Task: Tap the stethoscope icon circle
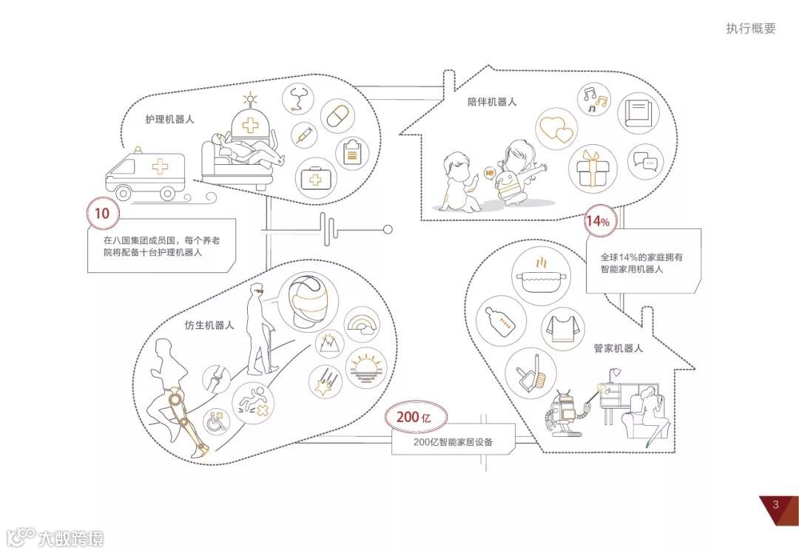tap(299, 100)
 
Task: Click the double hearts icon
tap(556, 130)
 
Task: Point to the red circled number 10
tap(103, 214)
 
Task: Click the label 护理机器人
tap(169, 119)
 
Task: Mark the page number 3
tap(775, 505)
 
